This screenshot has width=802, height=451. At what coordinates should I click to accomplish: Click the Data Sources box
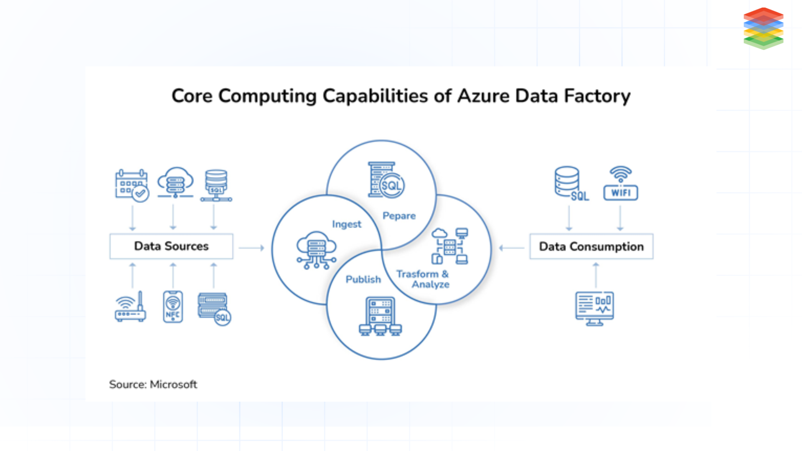pyautogui.click(x=171, y=246)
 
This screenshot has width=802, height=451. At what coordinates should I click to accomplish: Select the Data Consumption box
pyautogui.click(x=591, y=247)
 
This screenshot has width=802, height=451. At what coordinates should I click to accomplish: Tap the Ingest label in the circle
pyautogui.click(x=346, y=224)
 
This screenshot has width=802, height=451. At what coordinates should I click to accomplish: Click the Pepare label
pyautogui.click(x=399, y=216)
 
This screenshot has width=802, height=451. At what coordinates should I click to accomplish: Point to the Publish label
pyautogui.click(x=363, y=279)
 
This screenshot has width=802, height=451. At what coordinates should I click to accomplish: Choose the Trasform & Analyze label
pyautogui.click(x=423, y=279)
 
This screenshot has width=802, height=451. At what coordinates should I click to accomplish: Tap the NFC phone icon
pyautogui.click(x=173, y=307)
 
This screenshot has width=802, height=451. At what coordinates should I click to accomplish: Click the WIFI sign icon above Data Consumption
pyautogui.click(x=621, y=184)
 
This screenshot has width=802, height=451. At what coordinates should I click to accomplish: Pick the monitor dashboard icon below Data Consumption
pyautogui.click(x=594, y=308)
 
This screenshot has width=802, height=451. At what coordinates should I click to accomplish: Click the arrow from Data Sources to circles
pyautogui.click(x=251, y=248)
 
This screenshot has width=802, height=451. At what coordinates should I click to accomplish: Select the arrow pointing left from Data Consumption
pyautogui.click(x=512, y=248)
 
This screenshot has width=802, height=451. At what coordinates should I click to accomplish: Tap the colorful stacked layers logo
pyautogui.click(x=763, y=28)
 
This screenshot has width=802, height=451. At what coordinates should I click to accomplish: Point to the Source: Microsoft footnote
pyautogui.click(x=153, y=384)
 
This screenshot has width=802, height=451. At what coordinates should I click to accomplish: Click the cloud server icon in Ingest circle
pyautogui.click(x=316, y=250)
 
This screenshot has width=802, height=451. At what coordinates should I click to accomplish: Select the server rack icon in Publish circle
pyautogui.click(x=380, y=316)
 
